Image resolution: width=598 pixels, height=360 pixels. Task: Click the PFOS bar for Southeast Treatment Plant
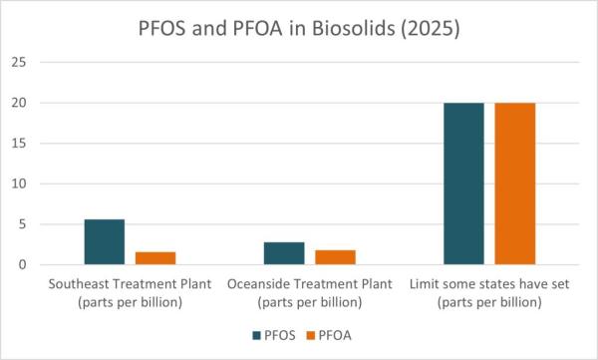tap(105, 242)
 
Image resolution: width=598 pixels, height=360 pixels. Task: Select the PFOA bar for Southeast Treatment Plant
tap(155, 258)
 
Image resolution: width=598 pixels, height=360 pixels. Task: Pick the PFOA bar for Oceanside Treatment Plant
tap(336, 257)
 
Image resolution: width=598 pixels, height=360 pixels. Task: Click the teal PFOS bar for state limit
tap(463, 183)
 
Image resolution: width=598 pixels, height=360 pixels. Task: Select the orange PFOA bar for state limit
tap(515, 183)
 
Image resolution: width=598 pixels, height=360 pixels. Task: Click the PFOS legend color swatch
tap(256, 336)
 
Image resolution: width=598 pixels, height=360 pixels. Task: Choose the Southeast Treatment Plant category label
tap(131, 293)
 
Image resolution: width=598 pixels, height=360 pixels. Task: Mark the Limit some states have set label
tap(489, 293)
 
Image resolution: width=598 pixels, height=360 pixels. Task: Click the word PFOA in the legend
tap(334, 336)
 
